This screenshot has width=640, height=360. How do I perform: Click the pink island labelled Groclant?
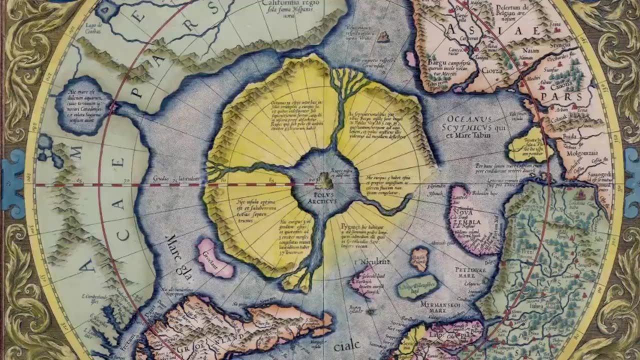tap(215, 258)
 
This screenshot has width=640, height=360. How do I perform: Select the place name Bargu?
tap(436, 63)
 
